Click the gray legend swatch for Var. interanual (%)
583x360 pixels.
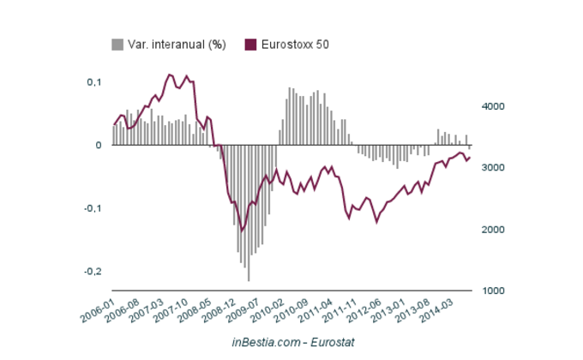pos(117,45)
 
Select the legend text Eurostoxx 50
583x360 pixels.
pos(295,45)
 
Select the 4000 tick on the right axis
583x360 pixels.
pos(491,106)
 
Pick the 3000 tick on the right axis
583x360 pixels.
pos(491,168)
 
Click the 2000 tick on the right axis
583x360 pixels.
pos(491,230)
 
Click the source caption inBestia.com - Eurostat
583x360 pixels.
pos(293,342)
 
